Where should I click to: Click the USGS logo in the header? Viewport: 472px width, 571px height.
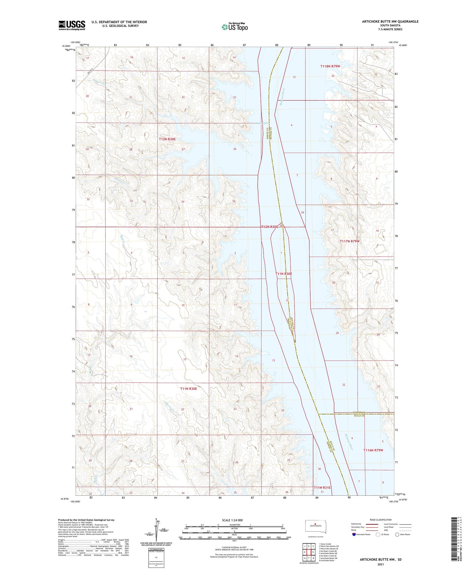(72, 25)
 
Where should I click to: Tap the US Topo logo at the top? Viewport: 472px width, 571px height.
(234, 27)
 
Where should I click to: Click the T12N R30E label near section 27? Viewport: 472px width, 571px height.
(167, 139)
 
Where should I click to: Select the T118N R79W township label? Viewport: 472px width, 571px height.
(330, 66)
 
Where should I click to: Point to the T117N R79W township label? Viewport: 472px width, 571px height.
(349, 241)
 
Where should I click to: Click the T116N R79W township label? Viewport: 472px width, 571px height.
(373, 450)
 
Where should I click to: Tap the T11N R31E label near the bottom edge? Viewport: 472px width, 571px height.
(322, 488)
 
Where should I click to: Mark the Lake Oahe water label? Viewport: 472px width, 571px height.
(262, 123)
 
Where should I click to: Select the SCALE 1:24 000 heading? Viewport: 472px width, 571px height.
(232, 520)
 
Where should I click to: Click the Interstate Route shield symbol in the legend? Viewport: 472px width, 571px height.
(354, 534)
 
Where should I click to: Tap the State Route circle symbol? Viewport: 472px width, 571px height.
(397, 534)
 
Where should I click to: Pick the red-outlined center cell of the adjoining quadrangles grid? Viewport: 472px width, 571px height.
(309, 552)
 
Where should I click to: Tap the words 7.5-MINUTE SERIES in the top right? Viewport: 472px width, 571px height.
(390, 29)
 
